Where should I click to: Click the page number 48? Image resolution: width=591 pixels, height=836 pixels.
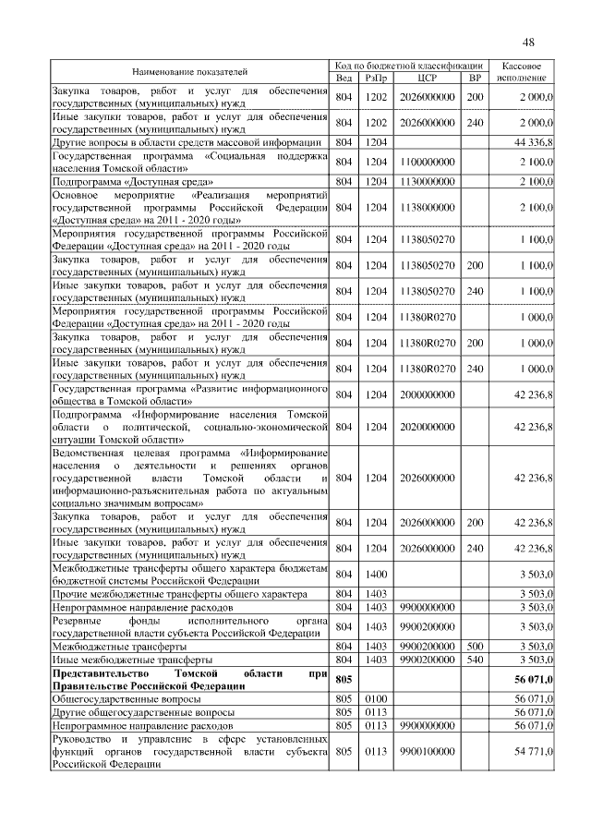point(528,42)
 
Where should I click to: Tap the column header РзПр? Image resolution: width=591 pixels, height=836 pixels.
point(376,79)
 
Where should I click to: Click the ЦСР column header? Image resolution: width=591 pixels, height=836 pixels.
point(427,79)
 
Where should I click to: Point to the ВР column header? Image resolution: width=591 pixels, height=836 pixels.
point(476,79)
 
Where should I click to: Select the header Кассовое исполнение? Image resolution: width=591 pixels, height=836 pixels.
point(526,72)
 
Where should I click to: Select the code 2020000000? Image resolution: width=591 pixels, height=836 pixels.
point(427,427)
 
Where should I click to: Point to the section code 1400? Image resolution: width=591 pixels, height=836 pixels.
point(376,574)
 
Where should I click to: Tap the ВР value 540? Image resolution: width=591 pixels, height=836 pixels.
point(476,660)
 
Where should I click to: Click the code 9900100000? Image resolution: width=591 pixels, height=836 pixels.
point(427,754)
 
